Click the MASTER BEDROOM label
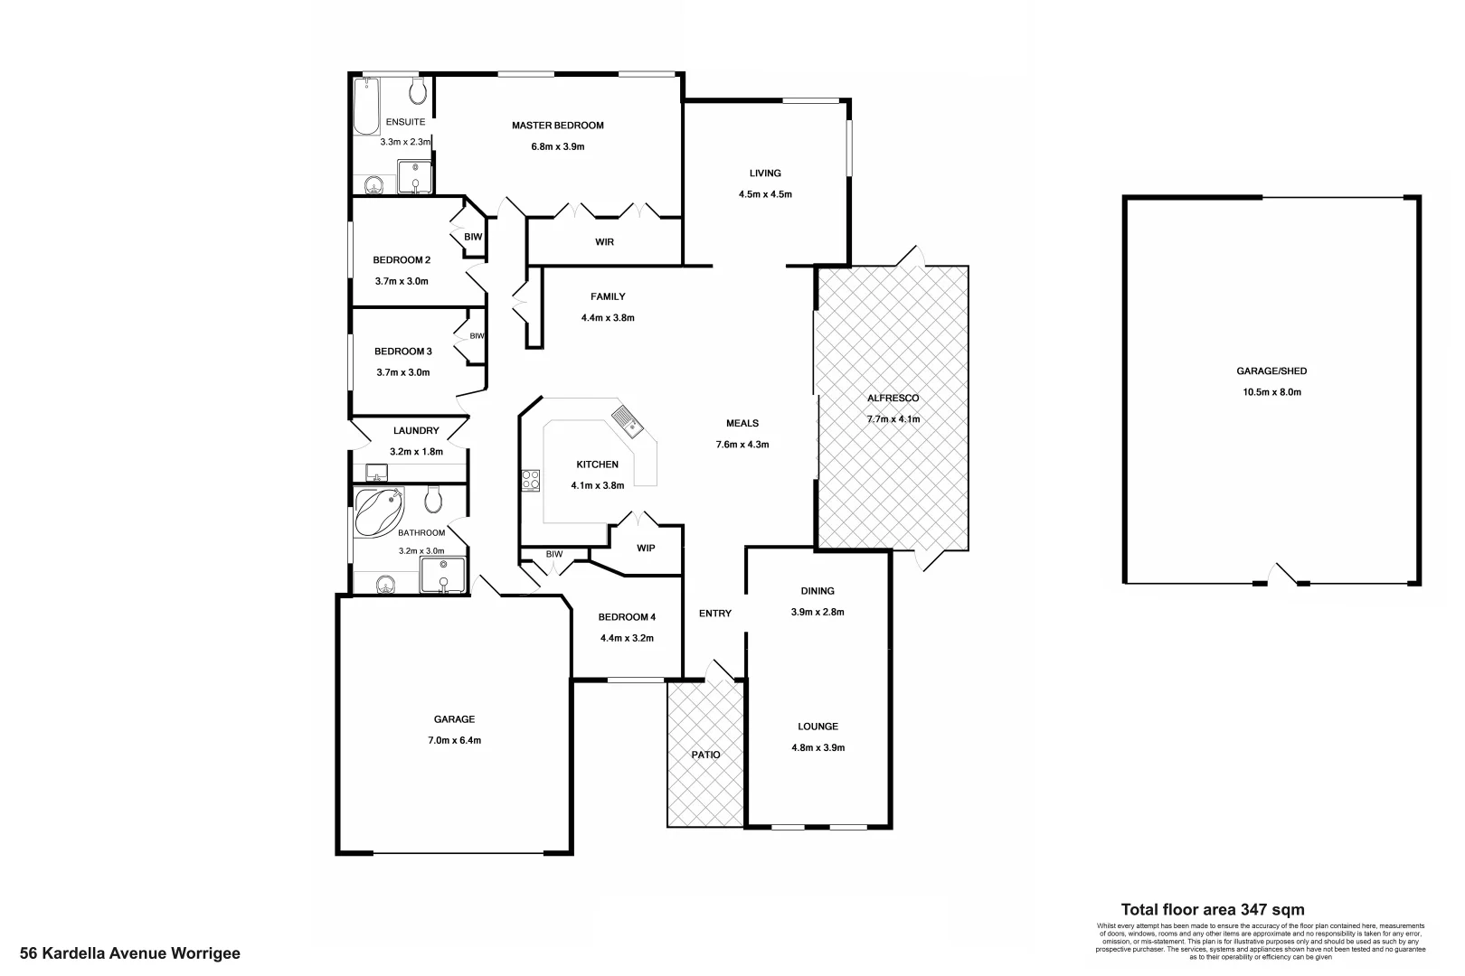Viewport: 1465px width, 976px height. pos(557,126)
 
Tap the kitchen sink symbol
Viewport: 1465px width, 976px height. pos(626,419)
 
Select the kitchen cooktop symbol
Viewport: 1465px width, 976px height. pos(531,481)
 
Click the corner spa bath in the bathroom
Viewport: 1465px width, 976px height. pos(378,511)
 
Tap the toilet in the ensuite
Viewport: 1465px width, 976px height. pos(418,90)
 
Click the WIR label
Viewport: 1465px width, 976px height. pos(604,242)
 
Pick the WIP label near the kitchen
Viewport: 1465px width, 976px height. pos(646,549)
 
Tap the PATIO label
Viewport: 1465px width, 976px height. pos(705,755)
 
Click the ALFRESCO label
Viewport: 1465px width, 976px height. pos(893,398)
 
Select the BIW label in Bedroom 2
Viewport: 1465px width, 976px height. pos(473,237)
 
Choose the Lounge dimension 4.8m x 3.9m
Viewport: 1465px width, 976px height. pos(818,747)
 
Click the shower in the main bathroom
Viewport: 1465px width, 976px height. pos(443,575)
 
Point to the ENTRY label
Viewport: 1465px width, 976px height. pos(714,614)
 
